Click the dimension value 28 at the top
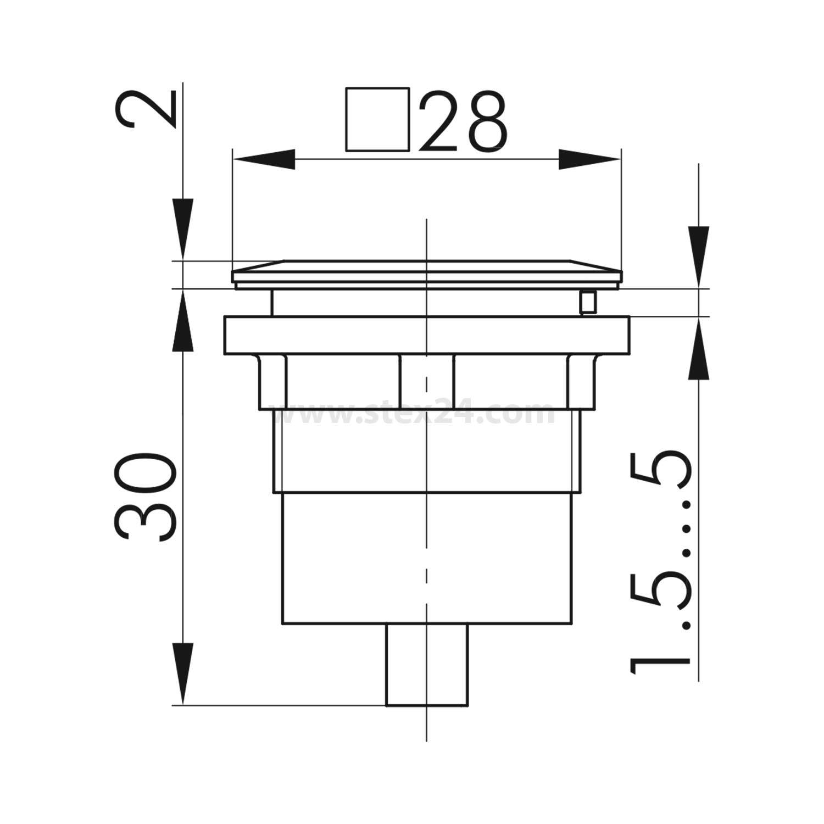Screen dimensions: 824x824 [463, 121]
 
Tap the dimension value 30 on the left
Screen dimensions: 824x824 [144, 498]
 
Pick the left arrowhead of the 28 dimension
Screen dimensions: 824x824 [264, 159]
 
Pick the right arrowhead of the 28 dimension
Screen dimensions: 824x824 [590, 159]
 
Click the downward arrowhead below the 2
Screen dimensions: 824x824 [183, 228]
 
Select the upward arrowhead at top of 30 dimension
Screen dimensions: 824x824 [183, 321]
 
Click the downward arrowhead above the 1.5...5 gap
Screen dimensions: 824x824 [698, 255]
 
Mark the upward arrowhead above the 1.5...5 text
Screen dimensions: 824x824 [698, 349]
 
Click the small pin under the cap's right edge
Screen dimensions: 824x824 [588, 302]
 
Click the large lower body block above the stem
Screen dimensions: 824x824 [427, 558]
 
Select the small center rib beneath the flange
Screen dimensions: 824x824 [427, 382]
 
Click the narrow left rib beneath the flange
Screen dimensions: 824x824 [272, 382]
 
